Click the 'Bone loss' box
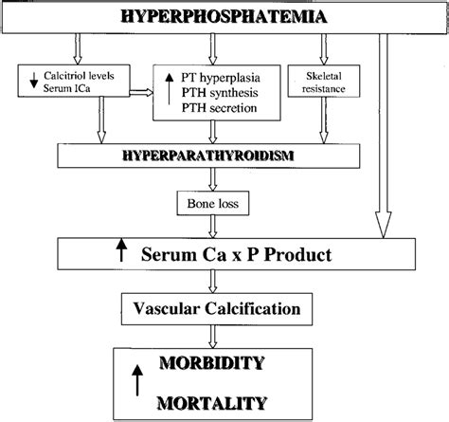(x=207, y=203)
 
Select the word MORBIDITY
(x=224, y=364)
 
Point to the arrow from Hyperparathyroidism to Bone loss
(x=206, y=180)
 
